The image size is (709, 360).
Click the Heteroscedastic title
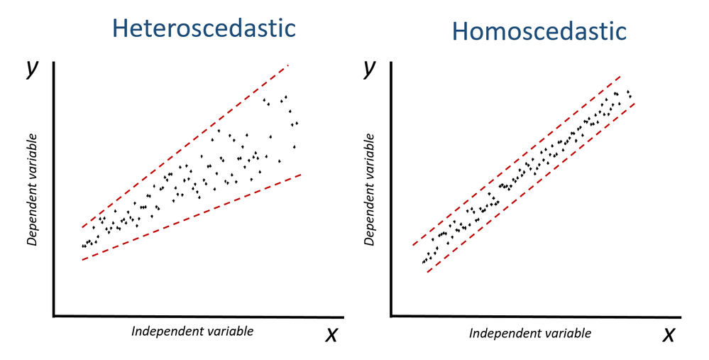click(204, 28)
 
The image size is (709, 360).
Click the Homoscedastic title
click(539, 31)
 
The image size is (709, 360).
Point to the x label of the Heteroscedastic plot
click(331, 334)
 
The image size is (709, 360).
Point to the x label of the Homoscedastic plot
click(668, 334)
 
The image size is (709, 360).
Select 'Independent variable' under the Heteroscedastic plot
click(192, 331)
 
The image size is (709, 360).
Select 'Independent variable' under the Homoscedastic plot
click(530, 333)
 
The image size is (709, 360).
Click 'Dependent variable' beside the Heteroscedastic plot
click(32, 188)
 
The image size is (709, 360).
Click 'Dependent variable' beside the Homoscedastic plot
click(369, 188)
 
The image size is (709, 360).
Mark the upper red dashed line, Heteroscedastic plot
click(185, 146)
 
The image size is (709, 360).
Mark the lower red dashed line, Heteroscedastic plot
click(192, 217)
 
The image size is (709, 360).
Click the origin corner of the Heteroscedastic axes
click(55, 315)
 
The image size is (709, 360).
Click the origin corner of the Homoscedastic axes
click(392, 315)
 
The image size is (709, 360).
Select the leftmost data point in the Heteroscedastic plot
click(83, 246)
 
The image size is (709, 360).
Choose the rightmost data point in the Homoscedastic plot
click(630, 96)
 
